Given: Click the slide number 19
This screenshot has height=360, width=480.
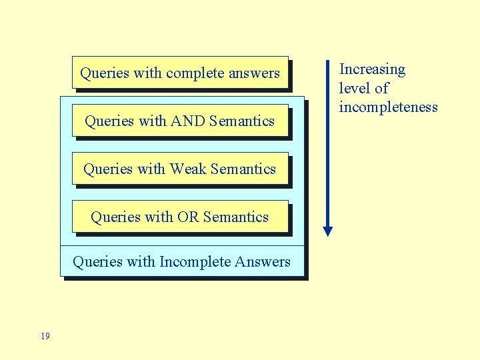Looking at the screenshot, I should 45,336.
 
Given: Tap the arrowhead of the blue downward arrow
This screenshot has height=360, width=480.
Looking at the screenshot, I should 327,231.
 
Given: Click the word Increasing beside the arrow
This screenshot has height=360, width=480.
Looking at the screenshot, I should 372,69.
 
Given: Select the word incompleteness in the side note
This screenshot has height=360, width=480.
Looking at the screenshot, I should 388,107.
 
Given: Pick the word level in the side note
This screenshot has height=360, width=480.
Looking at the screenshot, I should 353,88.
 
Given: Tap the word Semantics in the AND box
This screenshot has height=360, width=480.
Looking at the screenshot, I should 241,121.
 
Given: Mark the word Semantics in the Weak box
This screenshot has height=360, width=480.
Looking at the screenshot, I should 243,169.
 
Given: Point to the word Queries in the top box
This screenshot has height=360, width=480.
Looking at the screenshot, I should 104,73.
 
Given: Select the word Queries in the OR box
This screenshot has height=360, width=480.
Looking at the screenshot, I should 114,217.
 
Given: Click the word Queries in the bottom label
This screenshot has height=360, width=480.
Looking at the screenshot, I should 97,262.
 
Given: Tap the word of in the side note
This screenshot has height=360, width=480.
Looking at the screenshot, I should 381,88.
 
